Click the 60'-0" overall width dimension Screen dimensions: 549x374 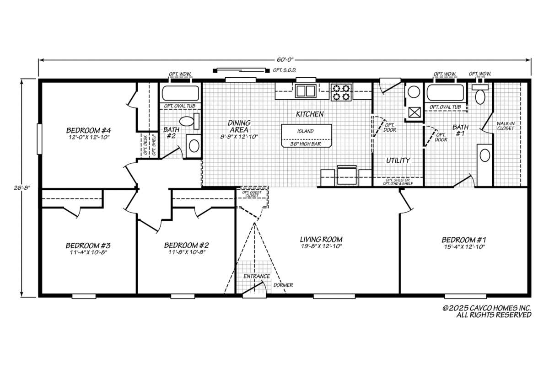tap(285, 59)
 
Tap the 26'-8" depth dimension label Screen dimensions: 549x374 tap(22, 188)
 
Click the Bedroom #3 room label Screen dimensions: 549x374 tap(88, 248)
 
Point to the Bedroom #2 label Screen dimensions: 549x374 tap(187, 248)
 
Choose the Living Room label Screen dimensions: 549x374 tap(321, 242)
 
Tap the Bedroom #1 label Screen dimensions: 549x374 tap(464, 243)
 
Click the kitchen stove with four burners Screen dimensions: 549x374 tap(341, 92)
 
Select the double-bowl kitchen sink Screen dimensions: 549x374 tap(306, 91)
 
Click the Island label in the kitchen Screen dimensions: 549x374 tap(306, 131)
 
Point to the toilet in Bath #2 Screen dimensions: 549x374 tap(189, 121)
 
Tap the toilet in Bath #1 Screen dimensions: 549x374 tap(480, 94)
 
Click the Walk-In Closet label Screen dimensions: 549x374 tap(506, 126)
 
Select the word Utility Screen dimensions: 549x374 tap(398, 160)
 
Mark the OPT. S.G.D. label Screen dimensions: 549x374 tap(285, 70)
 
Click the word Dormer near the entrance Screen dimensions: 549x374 tap(283, 285)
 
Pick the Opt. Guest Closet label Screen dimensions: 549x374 tap(252, 194)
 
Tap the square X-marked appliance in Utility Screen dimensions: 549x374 tap(414, 113)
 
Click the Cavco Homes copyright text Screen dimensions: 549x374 tap(487, 311)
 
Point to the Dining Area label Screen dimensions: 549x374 tap(239, 129)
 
